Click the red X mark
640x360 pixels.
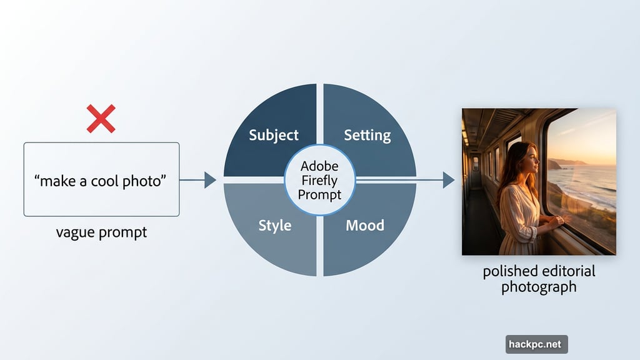(101, 119)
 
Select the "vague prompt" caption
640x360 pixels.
(101, 232)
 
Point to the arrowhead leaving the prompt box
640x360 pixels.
(210, 180)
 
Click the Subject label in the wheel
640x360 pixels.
(274, 135)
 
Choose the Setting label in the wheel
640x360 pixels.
(367, 135)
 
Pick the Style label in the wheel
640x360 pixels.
(275, 226)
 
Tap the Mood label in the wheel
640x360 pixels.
(365, 225)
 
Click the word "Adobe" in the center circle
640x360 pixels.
(319, 166)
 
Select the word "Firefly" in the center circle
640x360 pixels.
(319, 181)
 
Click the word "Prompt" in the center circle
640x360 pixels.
(319, 194)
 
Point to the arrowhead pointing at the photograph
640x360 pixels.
(448, 180)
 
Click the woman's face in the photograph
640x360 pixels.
(531, 161)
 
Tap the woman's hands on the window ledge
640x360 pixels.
(555, 220)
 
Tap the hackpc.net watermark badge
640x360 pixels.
(536, 344)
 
